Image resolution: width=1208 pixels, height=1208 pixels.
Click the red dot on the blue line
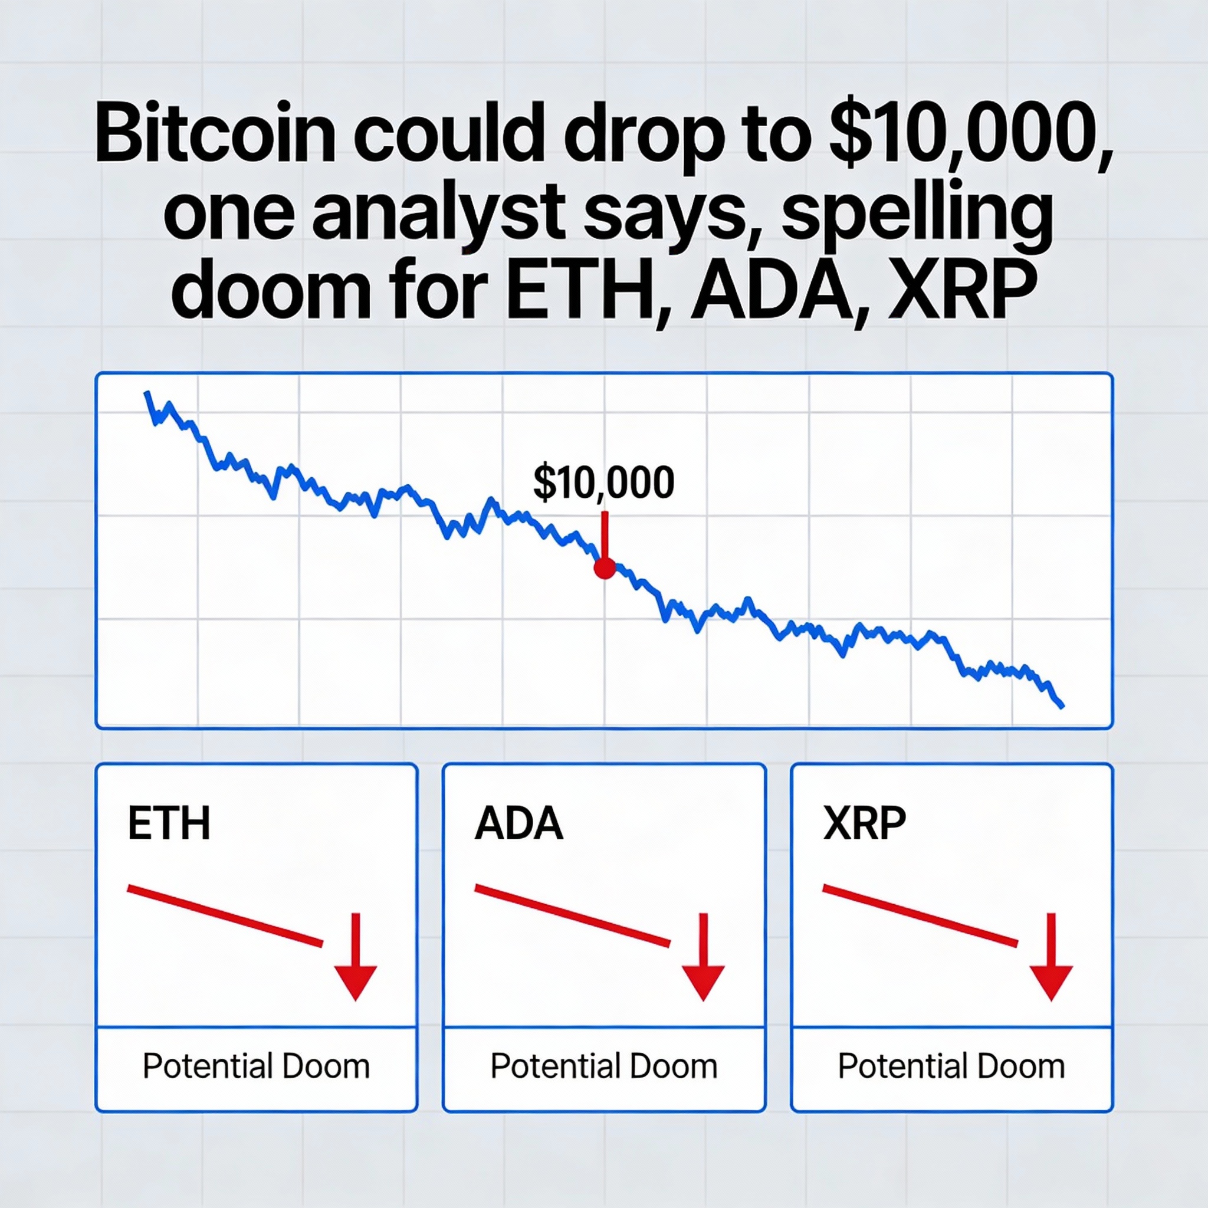pos(605,569)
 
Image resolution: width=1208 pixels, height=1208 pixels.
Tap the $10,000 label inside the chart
pos(603,482)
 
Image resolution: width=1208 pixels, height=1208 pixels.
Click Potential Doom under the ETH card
pos(257,1066)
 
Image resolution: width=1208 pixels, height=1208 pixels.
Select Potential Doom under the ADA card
pos(604,1066)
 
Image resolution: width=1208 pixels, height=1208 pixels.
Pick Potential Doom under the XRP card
pos(951,1066)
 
